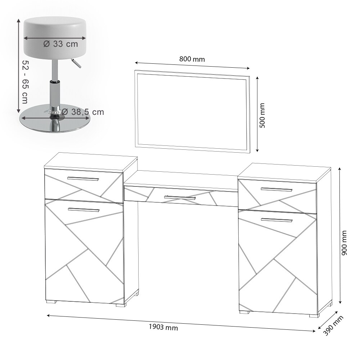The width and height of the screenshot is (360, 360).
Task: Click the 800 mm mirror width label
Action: point(192,59)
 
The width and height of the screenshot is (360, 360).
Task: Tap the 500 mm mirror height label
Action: point(262,115)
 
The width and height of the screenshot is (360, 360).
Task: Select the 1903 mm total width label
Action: point(163,327)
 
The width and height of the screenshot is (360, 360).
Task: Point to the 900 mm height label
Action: point(344,243)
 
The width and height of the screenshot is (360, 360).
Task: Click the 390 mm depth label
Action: point(334,325)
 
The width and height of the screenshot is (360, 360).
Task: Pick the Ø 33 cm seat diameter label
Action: point(61,44)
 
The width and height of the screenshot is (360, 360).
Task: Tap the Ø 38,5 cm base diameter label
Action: point(83,112)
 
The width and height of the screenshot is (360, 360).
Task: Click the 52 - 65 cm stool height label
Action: point(25,82)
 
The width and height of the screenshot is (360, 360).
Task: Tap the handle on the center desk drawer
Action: point(180,197)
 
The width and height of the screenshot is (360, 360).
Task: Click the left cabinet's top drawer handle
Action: point(83,179)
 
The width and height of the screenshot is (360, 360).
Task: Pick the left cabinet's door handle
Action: point(84,210)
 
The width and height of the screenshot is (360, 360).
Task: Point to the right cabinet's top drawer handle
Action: point(276,189)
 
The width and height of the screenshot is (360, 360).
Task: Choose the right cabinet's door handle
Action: point(277,220)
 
